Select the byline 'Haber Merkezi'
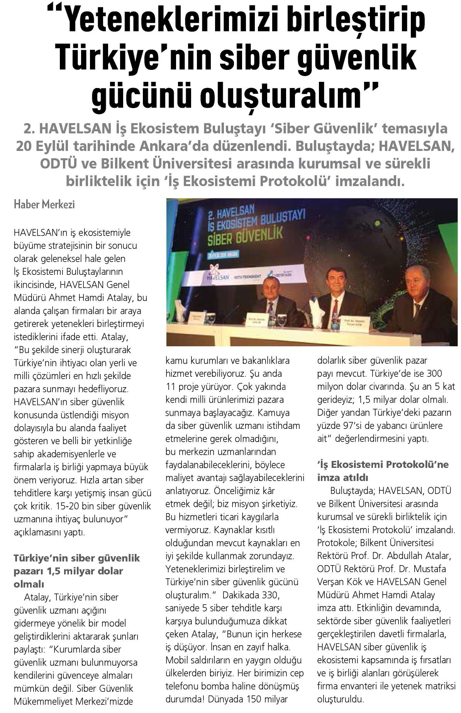click(x=44, y=204)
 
